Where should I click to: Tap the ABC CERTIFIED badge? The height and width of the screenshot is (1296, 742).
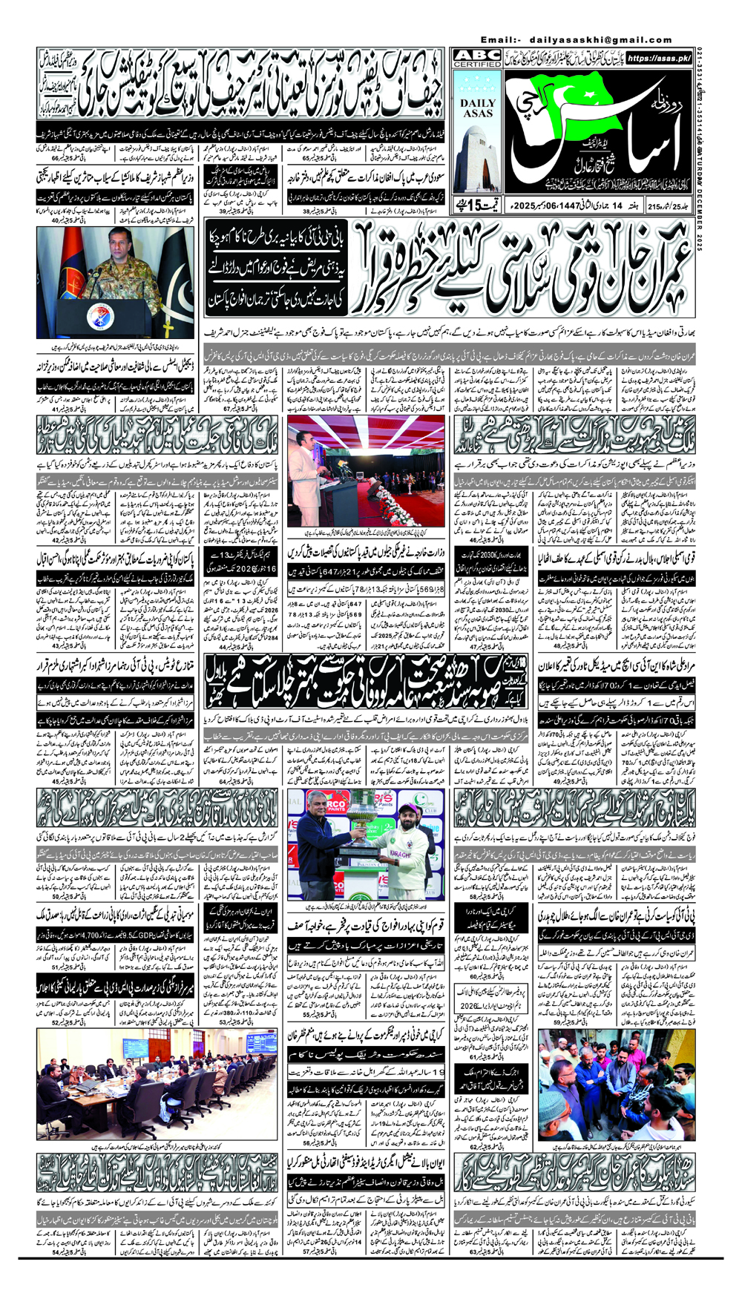point(477,59)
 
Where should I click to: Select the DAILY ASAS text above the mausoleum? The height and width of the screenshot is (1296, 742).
point(477,108)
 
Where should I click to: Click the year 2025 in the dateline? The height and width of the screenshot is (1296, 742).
point(580,205)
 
